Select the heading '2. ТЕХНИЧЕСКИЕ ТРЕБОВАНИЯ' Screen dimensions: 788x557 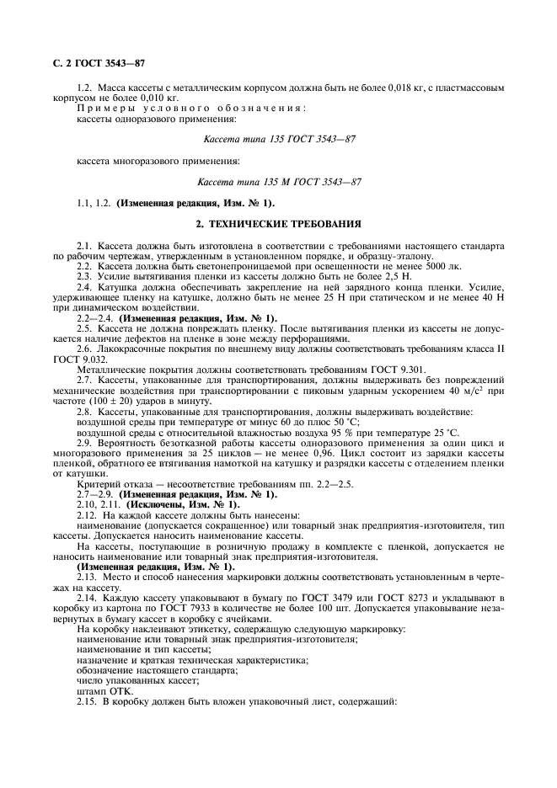coord(278,224)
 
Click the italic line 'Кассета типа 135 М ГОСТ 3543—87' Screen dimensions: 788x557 coord(279,181)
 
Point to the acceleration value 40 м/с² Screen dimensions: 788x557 coord(464,368)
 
